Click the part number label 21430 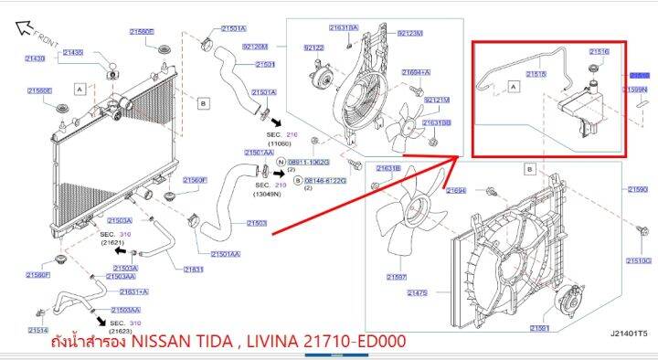[33, 58]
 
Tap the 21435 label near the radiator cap [72, 53]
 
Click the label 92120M [255, 46]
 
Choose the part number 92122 [314, 48]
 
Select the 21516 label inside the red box [599, 52]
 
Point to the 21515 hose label [537, 75]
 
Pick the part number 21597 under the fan [397, 277]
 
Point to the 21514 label [37, 330]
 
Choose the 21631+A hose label [134, 291]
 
